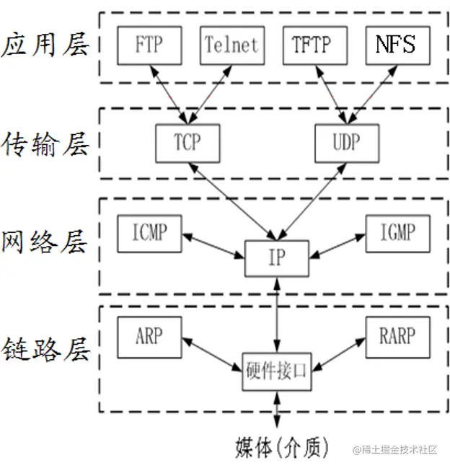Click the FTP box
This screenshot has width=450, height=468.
click(x=149, y=45)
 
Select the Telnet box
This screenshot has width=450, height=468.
click(x=231, y=45)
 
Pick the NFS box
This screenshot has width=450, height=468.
click(x=397, y=45)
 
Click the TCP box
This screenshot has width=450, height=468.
click(x=187, y=142)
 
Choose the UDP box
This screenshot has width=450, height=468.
click(x=347, y=142)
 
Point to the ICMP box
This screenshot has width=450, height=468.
click(x=149, y=233)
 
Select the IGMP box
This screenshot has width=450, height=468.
click(x=397, y=233)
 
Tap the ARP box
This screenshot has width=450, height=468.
click(x=149, y=337)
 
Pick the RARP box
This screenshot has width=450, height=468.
click(x=397, y=337)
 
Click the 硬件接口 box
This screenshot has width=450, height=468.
click(x=277, y=371)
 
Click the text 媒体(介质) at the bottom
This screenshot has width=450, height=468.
click(x=282, y=448)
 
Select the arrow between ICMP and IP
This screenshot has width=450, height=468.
click(x=213, y=245)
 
